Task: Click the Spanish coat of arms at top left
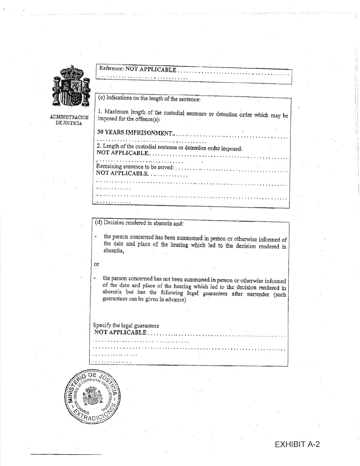coord(71,88)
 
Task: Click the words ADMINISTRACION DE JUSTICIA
coord(69,120)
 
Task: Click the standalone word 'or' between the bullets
coord(97,264)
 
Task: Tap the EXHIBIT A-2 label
coord(297,444)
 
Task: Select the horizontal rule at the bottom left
coord(66,454)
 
